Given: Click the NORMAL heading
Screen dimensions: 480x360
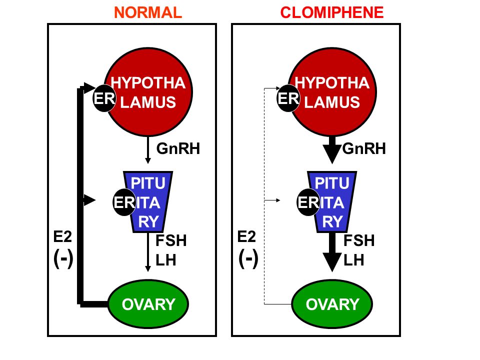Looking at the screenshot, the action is click(x=148, y=12).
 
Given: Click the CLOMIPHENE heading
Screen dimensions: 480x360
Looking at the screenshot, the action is click(x=332, y=12).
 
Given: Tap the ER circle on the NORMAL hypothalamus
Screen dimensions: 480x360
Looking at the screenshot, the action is click(x=104, y=98).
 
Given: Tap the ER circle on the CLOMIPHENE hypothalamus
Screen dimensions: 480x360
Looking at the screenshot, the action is click(x=288, y=98).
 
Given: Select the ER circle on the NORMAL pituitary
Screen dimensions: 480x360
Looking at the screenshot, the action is click(x=124, y=202).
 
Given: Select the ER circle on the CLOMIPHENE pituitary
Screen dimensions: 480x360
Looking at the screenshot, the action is click(x=308, y=202).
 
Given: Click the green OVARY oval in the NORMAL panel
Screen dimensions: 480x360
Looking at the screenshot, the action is click(x=148, y=304).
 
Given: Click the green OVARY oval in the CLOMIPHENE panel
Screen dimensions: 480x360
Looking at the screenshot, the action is click(x=332, y=304).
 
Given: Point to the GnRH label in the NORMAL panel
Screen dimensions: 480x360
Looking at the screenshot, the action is click(x=178, y=149).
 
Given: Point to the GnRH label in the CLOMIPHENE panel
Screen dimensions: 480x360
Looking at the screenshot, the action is click(x=364, y=149).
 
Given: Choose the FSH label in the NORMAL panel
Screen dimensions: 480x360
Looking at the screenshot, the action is click(x=171, y=240).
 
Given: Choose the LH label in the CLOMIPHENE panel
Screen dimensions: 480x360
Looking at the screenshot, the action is click(x=354, y=260).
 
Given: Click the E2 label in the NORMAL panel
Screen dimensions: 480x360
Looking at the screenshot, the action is click(x=62, y=236).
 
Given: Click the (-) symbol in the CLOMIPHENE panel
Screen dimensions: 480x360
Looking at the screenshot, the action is click(x=248, y=258).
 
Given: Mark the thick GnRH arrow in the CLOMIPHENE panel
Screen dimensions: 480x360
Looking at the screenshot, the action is click(x=332, y=149).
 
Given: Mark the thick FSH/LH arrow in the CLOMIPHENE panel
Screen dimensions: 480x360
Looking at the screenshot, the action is click(x=332, y=252).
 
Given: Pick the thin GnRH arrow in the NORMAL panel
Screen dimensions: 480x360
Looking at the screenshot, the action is click(x=148, y=149).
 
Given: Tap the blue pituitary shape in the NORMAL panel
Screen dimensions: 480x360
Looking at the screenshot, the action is click(x=148, y=201).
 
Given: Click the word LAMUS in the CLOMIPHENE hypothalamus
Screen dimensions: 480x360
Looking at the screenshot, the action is click(x=332, y=102).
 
